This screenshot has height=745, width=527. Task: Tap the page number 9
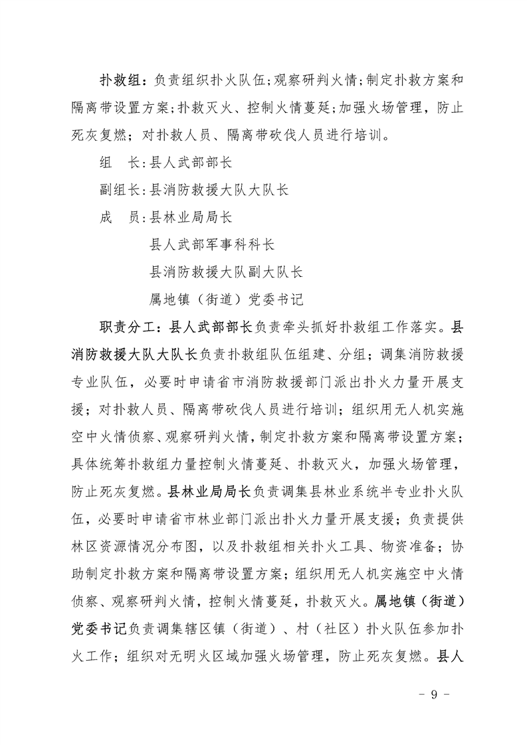coord(433,695)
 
